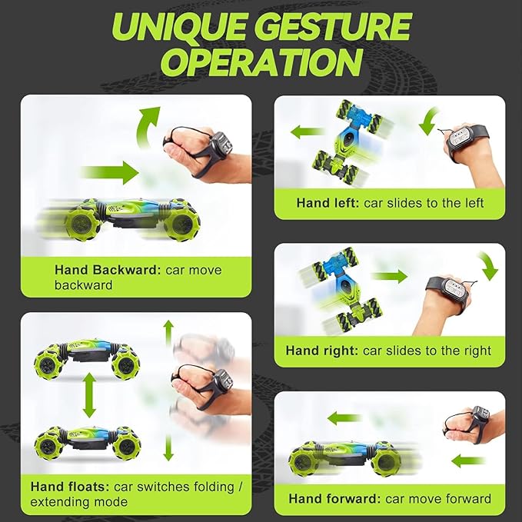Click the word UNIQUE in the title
point(180,28)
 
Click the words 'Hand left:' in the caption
point(327,203)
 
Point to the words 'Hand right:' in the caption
point(321,351)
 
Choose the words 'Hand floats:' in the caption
point(70,487)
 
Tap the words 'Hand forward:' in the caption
point(334,499)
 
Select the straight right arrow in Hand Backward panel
point(110,172)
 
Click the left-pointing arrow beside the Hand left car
point(308,131)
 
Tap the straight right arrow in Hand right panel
point(390,276)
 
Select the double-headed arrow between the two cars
point(89,395)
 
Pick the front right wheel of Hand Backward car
point(181,223)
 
